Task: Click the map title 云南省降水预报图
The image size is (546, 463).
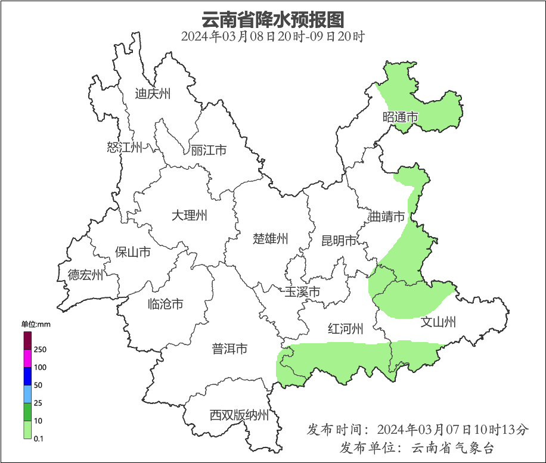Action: pos(273,19)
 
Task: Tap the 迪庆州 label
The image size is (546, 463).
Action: pos(153,94)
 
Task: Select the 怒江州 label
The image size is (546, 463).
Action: pos(125,147)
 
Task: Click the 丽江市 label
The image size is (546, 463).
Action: pos(209,150)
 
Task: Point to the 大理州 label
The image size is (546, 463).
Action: pos(189,215)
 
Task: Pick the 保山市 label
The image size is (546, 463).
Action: pos(132,252)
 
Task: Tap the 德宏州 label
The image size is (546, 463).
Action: pos(85,275)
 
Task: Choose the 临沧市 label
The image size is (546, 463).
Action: pos(165,304)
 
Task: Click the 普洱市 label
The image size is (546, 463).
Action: pos(229,349)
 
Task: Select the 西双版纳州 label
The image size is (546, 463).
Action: pos(239,415)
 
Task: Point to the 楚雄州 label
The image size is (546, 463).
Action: pos(271,239)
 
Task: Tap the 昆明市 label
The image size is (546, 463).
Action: pos(339,241)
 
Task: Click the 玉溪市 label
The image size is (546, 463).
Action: pos(302,292)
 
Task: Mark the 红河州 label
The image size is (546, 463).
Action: pos(346,329)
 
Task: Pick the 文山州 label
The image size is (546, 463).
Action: pos(438,322)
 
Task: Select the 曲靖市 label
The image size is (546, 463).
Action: pos(387,216)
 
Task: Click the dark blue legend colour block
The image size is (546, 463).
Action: pos(27,376)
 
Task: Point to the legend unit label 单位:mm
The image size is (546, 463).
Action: pos(36,324)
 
